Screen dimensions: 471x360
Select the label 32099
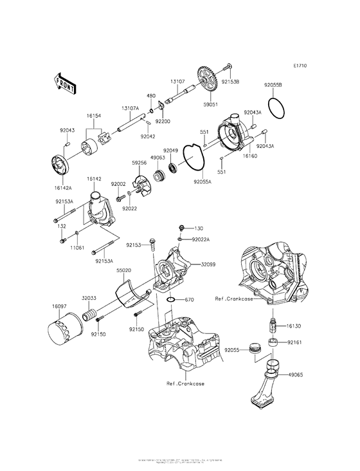(x=208, y=264)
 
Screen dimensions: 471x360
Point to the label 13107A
(x=130, y=108)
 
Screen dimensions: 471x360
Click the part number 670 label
(x=189, y=299)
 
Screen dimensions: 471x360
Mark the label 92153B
(x=230, y=82)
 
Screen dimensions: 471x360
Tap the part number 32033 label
(x=89, y=298)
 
